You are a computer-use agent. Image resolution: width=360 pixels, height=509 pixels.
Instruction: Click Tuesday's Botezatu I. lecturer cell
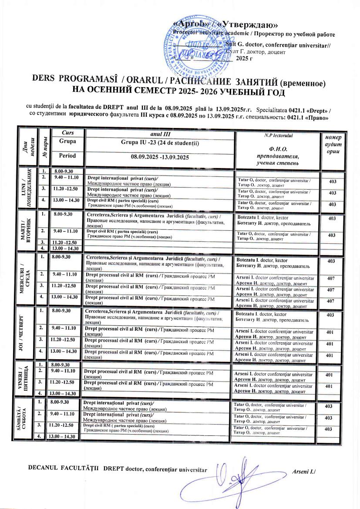point(277,220)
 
